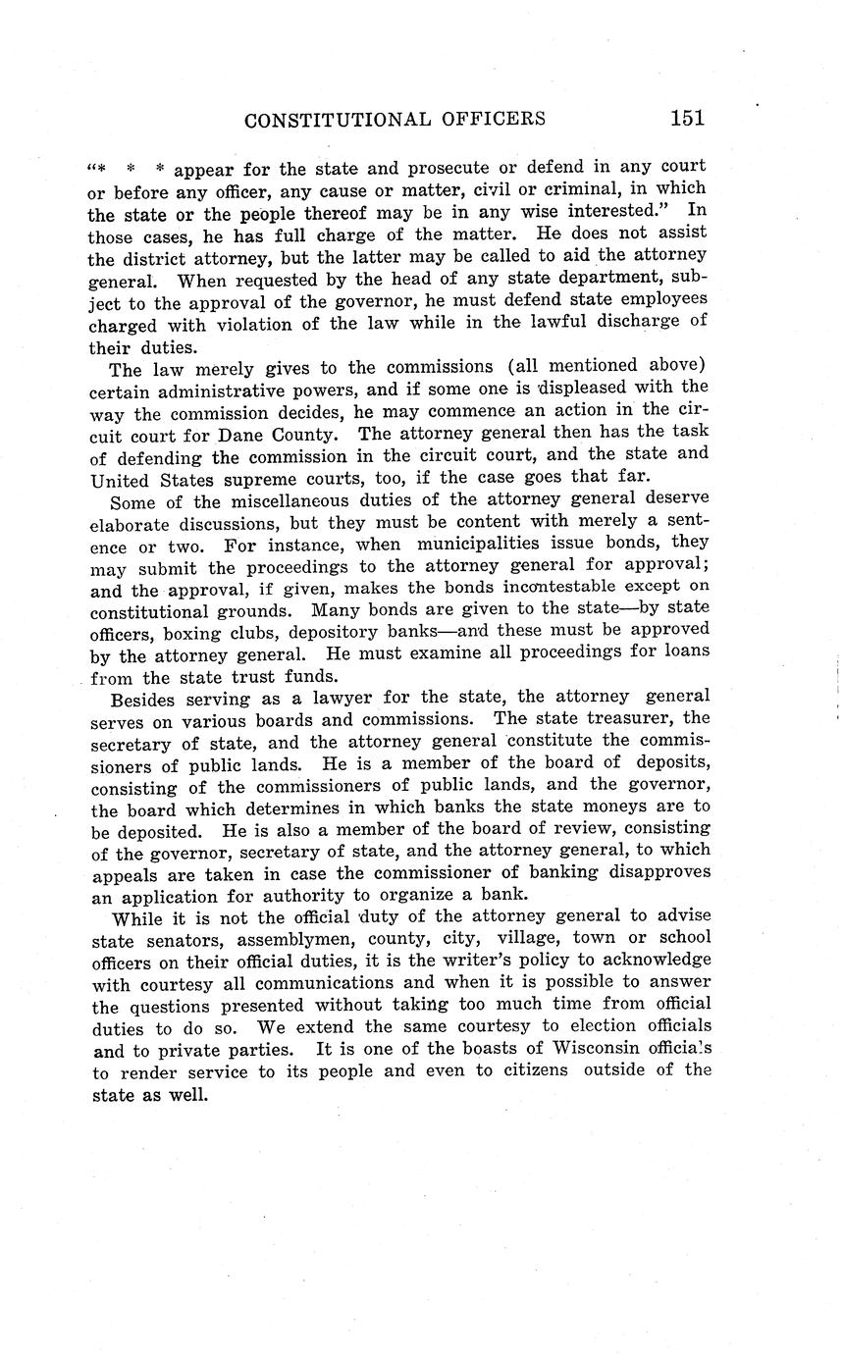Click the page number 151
(687, 118)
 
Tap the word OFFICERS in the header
(497, 120)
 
